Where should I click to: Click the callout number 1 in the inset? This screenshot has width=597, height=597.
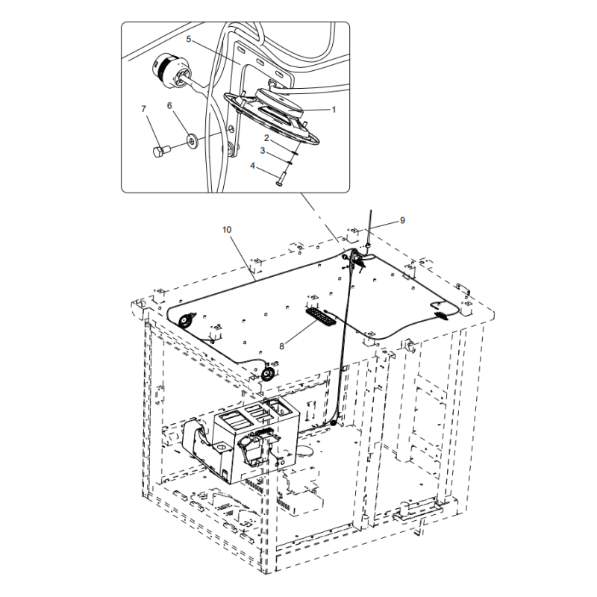tap(334, 109)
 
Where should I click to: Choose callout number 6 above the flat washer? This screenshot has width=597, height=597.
tap(169, 106)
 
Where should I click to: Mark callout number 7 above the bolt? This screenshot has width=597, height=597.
tap(144, 110)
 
